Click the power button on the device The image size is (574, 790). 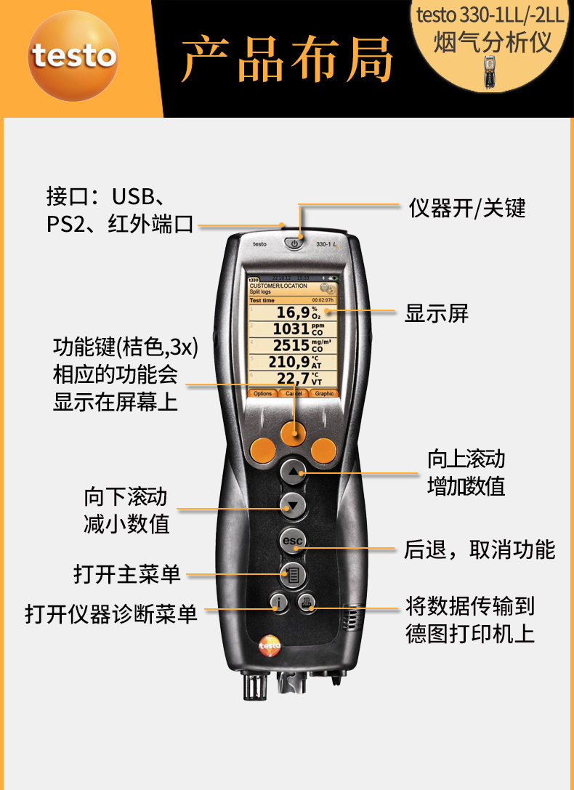(x=294, y=243)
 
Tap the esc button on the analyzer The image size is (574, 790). (x=294, y=541)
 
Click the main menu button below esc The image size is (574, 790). (x=294, y=575)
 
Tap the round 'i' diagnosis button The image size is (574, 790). (x=278, y=602)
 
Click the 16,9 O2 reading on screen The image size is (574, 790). (x=294, y=313)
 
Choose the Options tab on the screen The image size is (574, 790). (x=263, y=393)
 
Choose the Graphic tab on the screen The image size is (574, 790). (x=324, y=393)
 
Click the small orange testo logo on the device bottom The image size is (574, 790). (x=269, y=644)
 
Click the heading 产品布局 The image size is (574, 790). (x=287, y=60)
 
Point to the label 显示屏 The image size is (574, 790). (x=437, y=313)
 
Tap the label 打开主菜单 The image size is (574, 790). (x=127, y=574)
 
